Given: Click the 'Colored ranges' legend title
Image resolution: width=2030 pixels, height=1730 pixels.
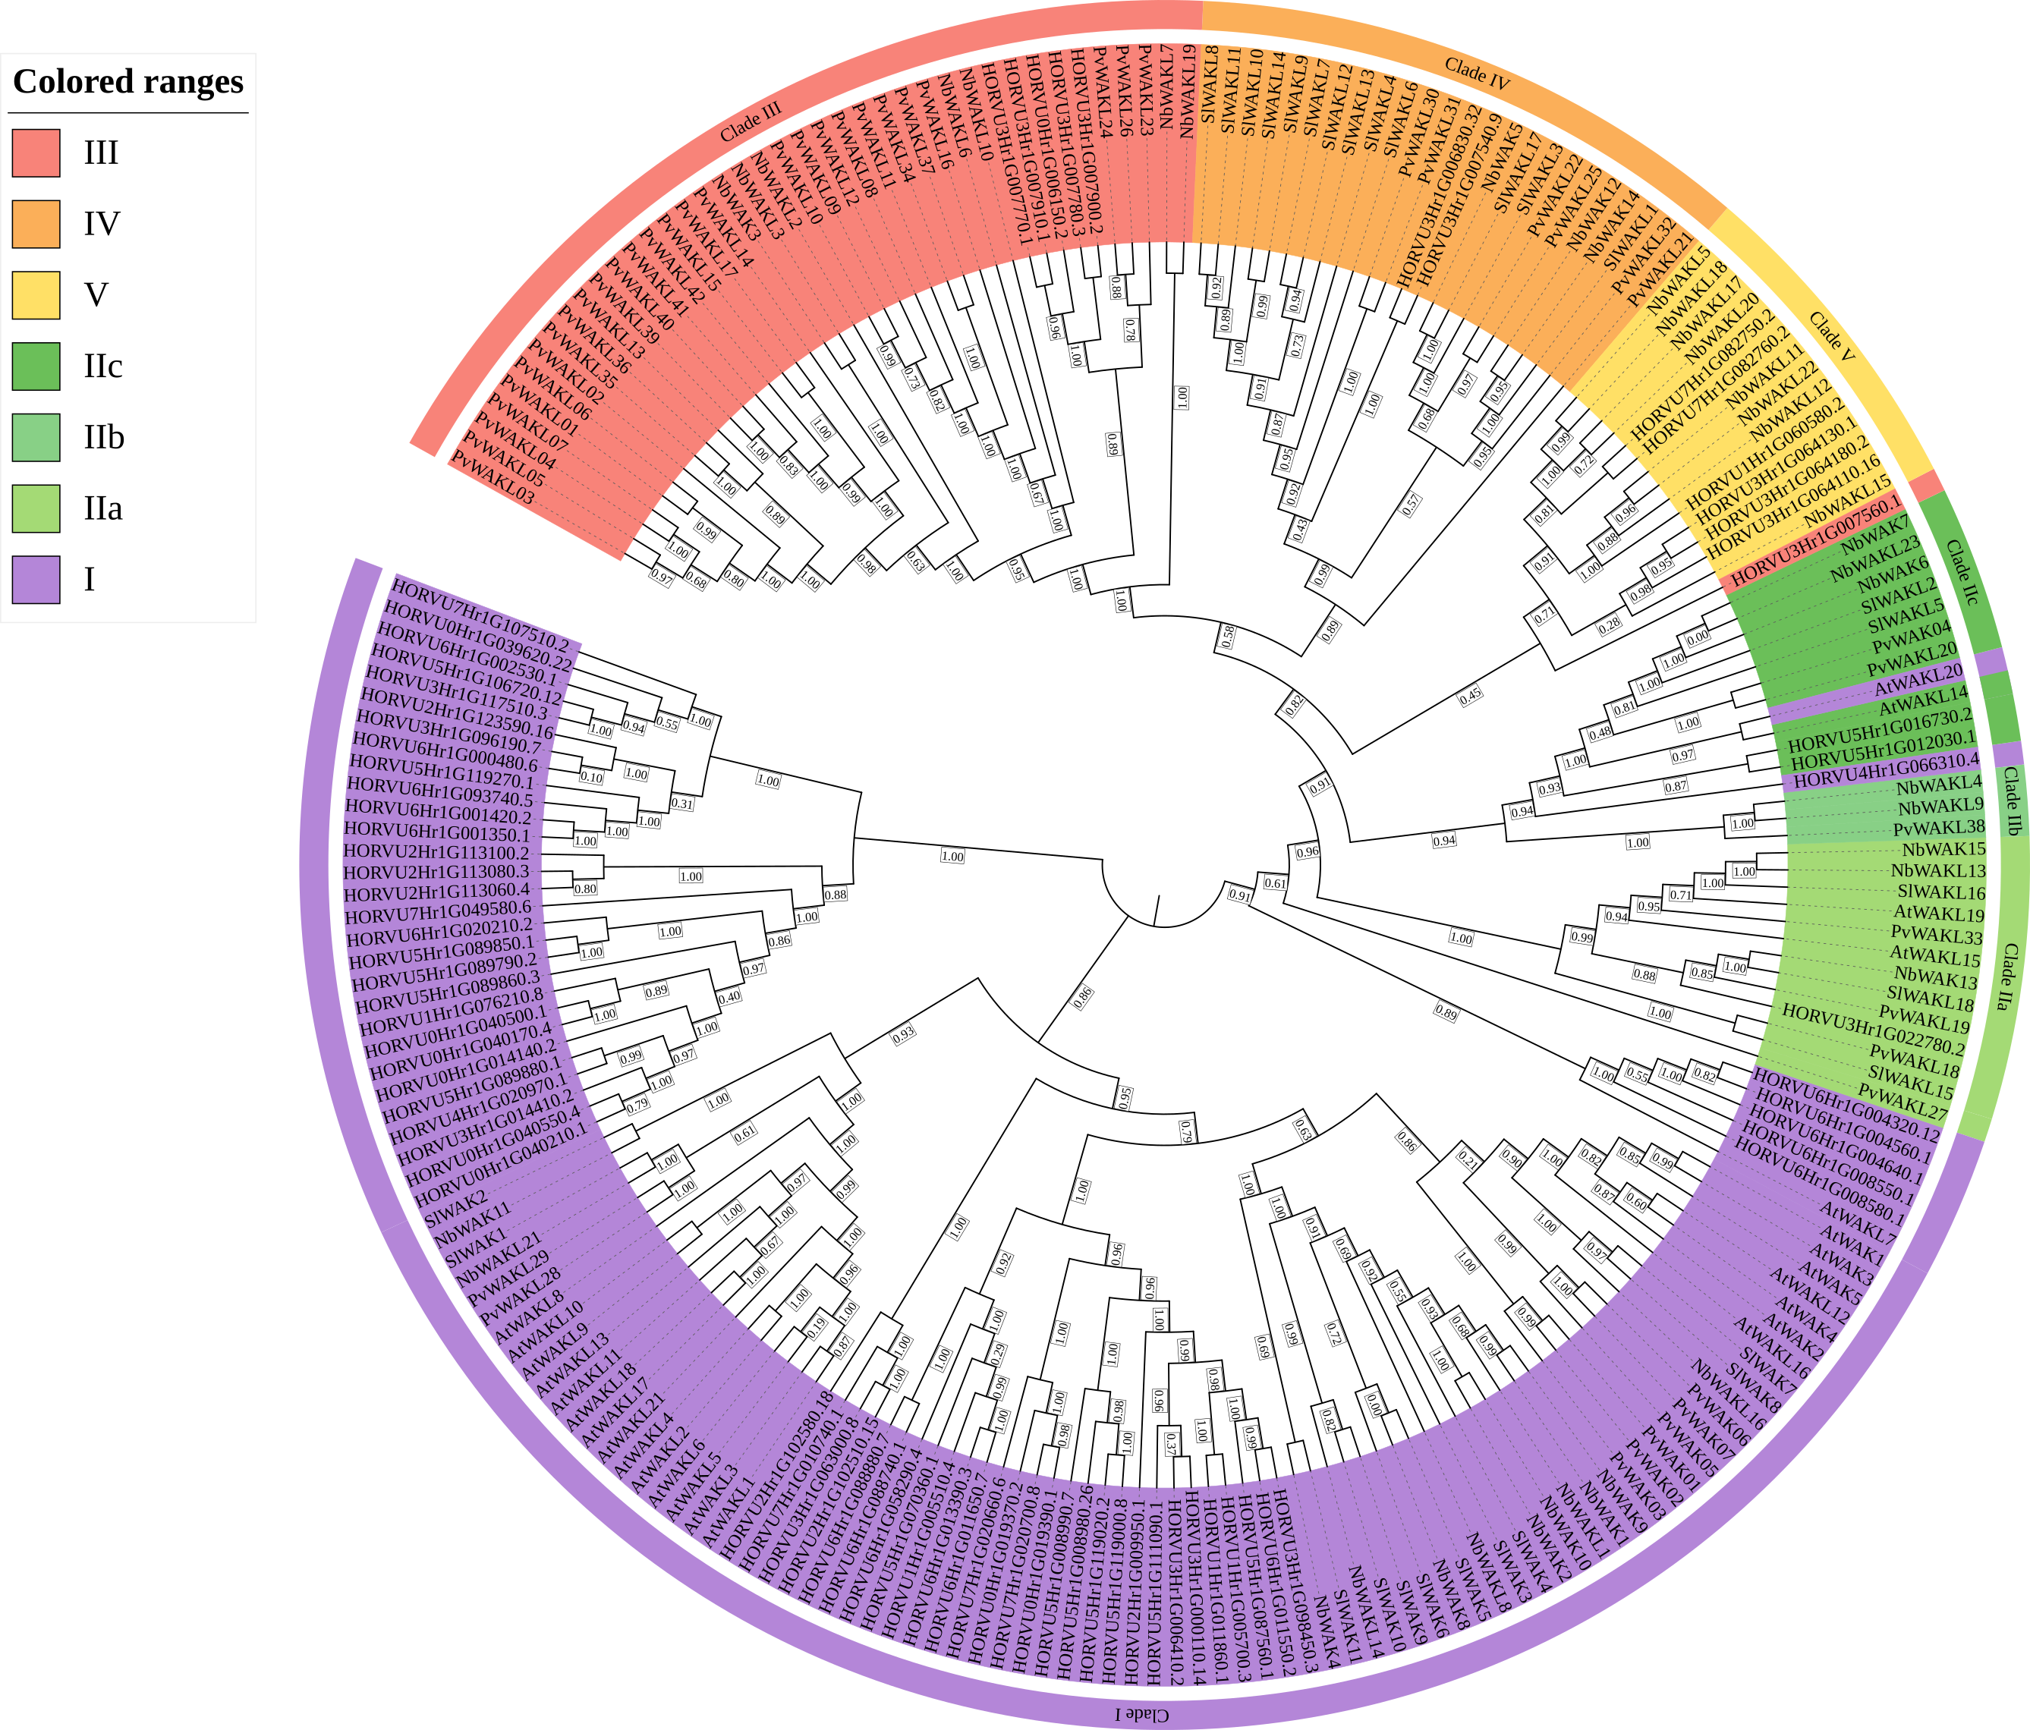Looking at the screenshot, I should click(127, 81).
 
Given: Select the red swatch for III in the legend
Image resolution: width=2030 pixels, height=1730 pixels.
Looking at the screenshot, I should click(36, 153).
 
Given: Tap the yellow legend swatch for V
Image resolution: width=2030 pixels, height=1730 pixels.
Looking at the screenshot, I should click(36, 295).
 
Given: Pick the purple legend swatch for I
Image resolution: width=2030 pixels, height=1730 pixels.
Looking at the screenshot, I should click(36, 579).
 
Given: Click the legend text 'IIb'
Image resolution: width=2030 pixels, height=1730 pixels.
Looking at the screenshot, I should click(104, 437).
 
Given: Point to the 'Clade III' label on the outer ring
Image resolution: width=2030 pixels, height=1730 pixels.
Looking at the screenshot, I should click(751, 122).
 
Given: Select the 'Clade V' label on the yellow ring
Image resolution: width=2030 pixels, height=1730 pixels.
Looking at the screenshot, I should click(1831, 336).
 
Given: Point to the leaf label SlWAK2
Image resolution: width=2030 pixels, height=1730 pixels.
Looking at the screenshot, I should click(451, 1212).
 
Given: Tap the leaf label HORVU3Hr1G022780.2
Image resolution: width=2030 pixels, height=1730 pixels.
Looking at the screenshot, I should click(1873, 1029).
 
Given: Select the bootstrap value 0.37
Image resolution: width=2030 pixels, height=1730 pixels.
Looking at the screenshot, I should click(1172, 1443).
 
